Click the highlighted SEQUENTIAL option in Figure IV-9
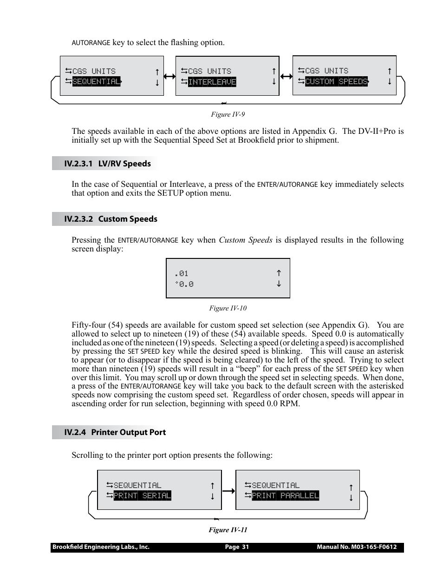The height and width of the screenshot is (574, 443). coord(96,82)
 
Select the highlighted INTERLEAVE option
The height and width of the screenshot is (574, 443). coord(212,82)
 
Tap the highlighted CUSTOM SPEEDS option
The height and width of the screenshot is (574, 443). coord(336,82)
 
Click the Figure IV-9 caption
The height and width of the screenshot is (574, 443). coord(228,114)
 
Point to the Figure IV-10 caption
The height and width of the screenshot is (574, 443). coord(228,308)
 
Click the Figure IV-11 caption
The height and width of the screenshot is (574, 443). coord(228,530)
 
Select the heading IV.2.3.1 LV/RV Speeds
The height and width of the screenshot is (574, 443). coord(107,164)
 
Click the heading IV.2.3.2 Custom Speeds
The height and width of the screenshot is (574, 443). coord(111,219)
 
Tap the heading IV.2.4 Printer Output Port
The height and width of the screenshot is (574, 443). coord(115,432)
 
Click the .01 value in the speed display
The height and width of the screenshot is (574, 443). coord(182,273)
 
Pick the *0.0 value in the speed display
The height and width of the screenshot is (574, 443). coord(184,284)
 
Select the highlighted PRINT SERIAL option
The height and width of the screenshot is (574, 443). coord(142,496)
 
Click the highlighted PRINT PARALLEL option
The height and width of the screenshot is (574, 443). coord(285,496)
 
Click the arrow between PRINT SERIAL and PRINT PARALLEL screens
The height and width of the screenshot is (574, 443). coord(228,490)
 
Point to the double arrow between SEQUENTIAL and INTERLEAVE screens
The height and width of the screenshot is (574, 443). coord(169,77)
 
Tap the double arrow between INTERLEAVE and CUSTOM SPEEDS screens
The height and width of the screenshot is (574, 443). coord(286,77)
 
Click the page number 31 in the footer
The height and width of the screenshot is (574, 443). coord(237,547)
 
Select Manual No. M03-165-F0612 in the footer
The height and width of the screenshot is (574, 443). coord(357,547)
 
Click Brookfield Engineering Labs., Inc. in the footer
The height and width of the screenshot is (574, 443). coord(101,547)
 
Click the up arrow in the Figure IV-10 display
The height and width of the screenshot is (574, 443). coord(279,273)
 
